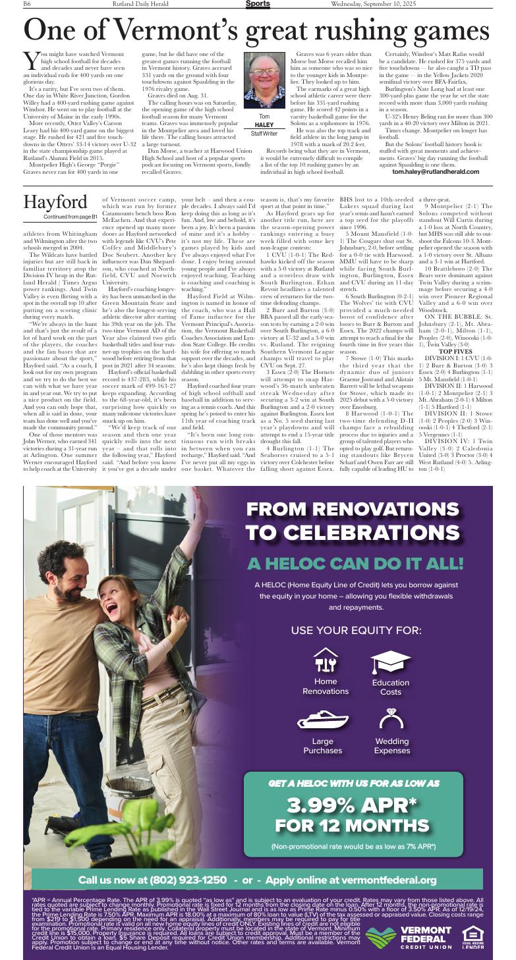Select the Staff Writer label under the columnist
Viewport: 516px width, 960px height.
pyautogui.click(x=264, y=134)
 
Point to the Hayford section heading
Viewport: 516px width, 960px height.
pyautogui.click(x=55, y=201)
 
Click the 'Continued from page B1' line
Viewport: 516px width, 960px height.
pyautogui.click(x=70, y=217)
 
